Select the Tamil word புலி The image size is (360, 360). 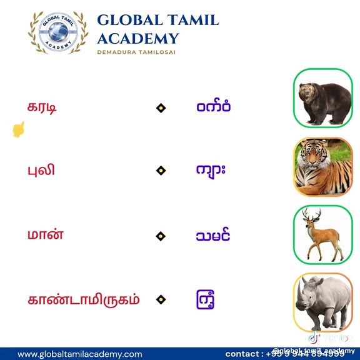(x=41, y=169)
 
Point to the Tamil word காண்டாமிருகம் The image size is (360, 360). (x=84, y=299)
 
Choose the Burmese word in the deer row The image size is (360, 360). (x=212, y=236)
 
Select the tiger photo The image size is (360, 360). (x=323, y=167)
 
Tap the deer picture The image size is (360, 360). (x=323, y=234)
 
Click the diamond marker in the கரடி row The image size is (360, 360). (x=161, y=108)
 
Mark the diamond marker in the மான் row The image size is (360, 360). (x=161, y=236)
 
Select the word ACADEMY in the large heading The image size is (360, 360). (x=137, y=38)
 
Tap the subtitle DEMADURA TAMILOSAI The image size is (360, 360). (x=136, y=52)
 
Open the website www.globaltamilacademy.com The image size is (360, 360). (x=79, y=354)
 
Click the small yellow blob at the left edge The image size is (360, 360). (x=19, y=129)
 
